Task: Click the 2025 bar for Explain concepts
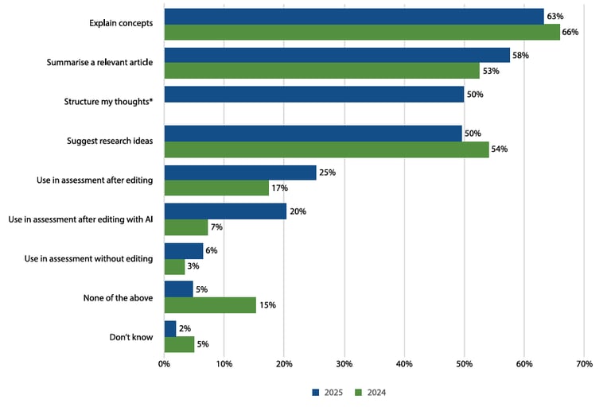(353, 16)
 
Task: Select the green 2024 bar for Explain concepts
(361, 32)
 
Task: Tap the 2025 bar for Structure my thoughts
(314, 95)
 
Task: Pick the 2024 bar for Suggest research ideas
(326, 149)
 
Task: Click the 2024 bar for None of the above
(210, 305)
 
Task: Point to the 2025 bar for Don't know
(170, 328)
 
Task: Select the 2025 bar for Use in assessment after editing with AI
(225, 211)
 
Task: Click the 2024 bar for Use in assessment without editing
(174, 266)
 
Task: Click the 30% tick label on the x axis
(344, 364)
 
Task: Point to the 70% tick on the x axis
(583, 364)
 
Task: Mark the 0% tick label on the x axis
(164, 364)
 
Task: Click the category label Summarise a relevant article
(109, 63)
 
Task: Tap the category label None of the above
(118, 298)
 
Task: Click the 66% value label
(570, 33)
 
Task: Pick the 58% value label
(520, 56)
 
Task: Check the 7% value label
(216, 227)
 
